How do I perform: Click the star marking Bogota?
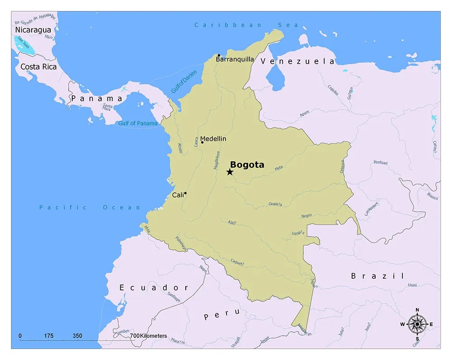tap(230, 172)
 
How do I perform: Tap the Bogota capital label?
tap(247, 165)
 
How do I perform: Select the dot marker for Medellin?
tap(202, 142)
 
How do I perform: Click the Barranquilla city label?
tap(235, 59)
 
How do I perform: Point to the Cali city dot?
tap(185, 193)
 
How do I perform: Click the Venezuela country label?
tap(297, 62)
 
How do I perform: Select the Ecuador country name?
tap(154, 288)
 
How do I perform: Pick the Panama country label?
tap(96, 98)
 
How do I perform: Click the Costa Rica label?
tap(38, 67)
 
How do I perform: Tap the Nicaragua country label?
tap(33, 30)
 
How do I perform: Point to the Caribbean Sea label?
tap(246, 25)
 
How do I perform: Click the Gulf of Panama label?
tap(138, 123)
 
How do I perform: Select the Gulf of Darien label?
tap(181, 82)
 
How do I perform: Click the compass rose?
tap(417, 323)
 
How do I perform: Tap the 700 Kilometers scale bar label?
tap(148, 336)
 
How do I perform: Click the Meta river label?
tap(278, 168)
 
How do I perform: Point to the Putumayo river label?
tap(181, 244)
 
